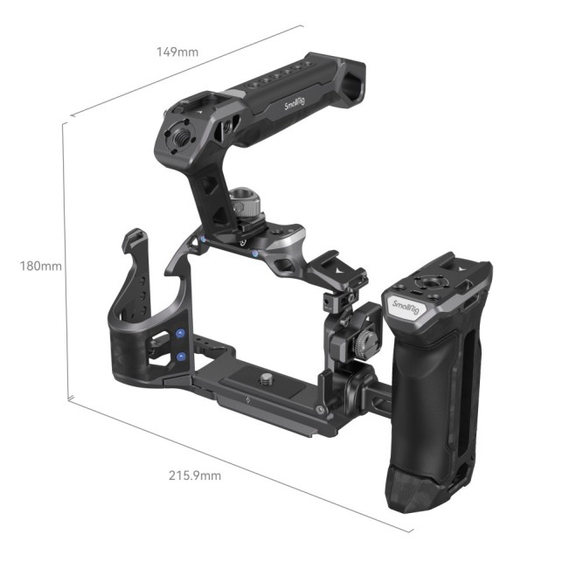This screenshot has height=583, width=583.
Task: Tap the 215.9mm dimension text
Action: tap(195, 475)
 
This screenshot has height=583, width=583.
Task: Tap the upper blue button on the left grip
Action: tap(179, 333)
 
